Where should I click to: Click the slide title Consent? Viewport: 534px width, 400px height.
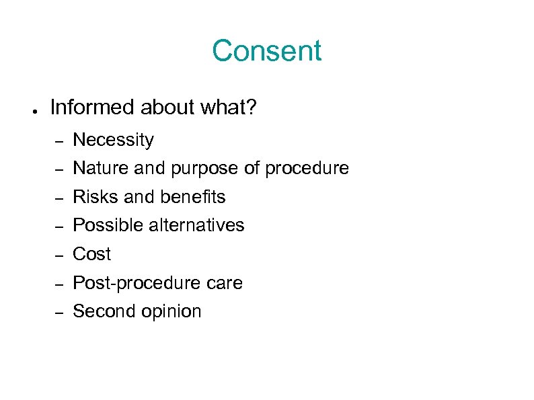tap(267, 51)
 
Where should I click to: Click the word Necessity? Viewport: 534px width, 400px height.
tap(113, 141)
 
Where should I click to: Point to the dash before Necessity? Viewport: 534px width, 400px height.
tap(59, 142)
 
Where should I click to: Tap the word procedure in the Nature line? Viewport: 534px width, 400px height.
tap(307, 169)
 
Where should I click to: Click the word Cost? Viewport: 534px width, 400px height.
tap(91, 254)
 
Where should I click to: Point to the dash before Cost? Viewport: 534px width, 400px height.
tap(59, 256)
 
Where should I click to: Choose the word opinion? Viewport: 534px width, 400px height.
tap(170, 312)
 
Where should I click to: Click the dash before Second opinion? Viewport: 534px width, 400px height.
tap(59, 313)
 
